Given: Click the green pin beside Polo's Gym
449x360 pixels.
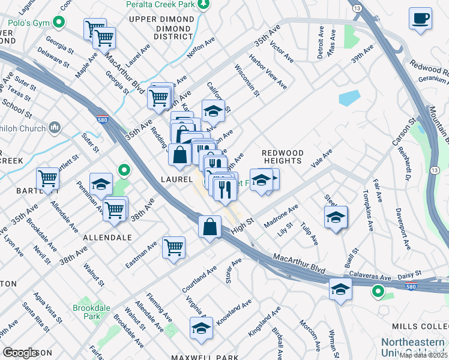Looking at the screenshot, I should [x=58, y=23].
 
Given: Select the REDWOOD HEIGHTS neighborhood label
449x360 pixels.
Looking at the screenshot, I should [x=282, y=157].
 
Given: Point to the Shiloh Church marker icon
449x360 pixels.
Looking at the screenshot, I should [x=55, y=127].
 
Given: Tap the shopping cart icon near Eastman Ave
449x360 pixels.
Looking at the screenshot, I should [x=173, y=247].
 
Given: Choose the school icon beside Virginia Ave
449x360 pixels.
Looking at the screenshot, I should [x=201, y=328].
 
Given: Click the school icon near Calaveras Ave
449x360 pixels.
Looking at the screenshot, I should [x=340, y=290].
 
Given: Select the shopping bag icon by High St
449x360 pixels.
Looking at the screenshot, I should [x=209, y=228].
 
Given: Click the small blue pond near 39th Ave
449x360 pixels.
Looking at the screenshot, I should [x=349, y=98].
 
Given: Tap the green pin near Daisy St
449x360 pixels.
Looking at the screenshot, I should [x=378, y=292].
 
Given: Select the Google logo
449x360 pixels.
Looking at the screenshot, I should [x=21, y=353].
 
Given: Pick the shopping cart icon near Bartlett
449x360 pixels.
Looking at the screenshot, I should [x=47, y=178].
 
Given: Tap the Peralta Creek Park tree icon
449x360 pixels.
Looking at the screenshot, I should [x=204, y=4].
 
